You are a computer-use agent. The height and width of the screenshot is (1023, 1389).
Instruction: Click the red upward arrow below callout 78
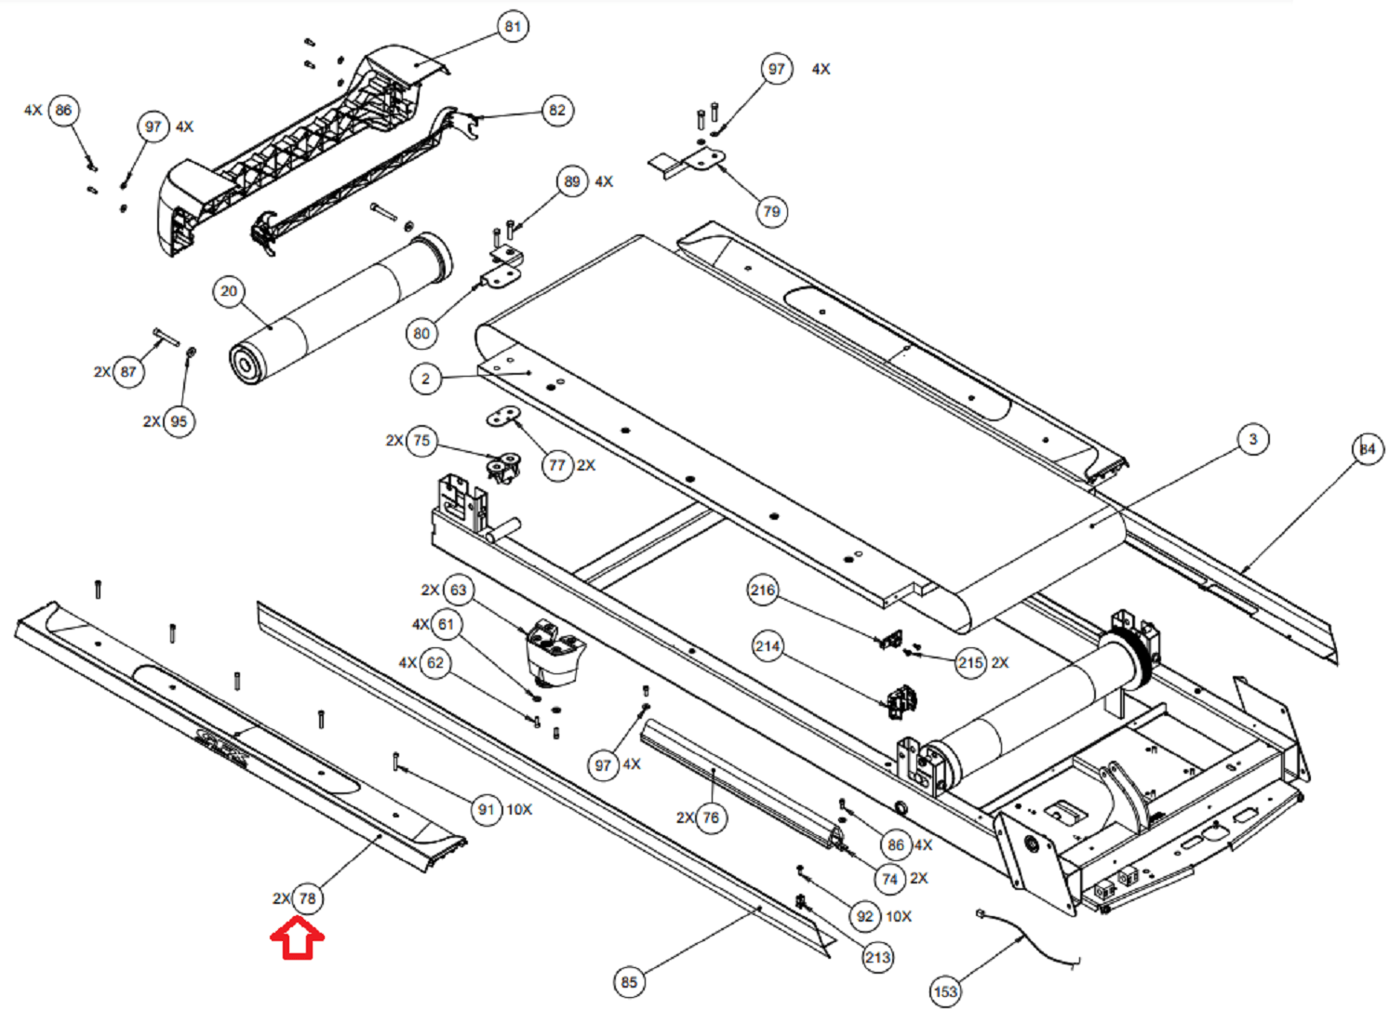pos(297,938)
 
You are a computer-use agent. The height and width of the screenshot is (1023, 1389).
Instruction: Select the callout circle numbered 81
pos(513,27)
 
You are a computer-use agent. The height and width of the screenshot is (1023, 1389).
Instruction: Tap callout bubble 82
pos(557,111)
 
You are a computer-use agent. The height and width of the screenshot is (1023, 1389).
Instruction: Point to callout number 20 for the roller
pos(229,291)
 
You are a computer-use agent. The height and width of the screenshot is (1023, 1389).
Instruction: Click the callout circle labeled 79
pos(771,211)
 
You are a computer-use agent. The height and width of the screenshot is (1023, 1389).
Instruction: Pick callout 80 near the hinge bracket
pos(421,334)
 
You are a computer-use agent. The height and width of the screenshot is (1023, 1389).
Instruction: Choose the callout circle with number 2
pos(426,379)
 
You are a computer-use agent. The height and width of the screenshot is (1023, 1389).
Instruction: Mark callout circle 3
pos(1252,439)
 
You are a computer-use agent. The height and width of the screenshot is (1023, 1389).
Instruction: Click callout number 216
pos(763,590)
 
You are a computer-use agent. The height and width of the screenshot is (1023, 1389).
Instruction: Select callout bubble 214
pos(768,646)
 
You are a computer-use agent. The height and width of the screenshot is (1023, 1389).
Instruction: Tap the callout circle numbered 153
pos(945,991)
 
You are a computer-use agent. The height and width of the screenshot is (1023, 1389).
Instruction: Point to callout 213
pos(877,958)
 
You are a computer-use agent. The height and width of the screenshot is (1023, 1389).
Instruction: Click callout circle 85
pos(630,982)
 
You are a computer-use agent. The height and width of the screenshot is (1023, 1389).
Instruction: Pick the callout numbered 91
pos(487,810)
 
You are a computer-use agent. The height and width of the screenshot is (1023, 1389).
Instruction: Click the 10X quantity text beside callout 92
pos(899,916)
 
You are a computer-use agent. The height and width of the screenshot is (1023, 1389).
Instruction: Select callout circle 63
pos(459,590)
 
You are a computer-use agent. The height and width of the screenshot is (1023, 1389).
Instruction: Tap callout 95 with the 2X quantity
pos(180,421)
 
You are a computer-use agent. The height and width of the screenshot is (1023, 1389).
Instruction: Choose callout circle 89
pos(572,181)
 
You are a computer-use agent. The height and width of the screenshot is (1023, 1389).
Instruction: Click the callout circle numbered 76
pos(711,817)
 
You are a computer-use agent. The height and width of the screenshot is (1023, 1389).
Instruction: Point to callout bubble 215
pos(970,663)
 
